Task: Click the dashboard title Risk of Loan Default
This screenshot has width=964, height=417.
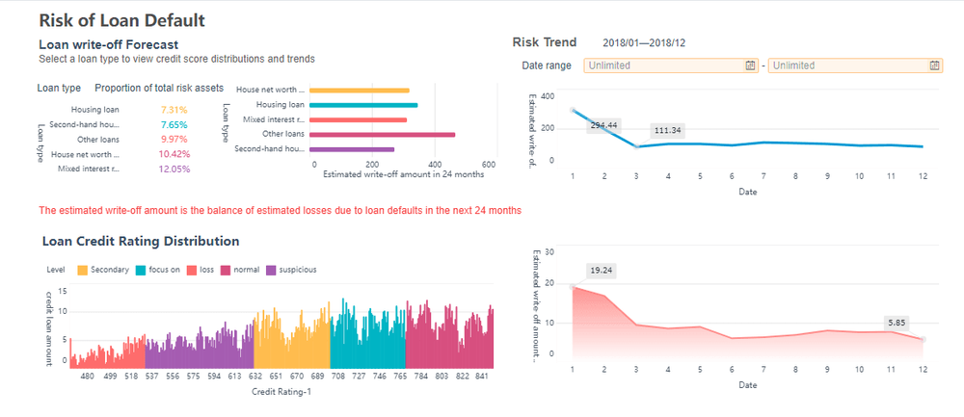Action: [x=120, y=19]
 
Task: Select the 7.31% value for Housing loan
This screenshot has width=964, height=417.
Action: [x=174, y=111]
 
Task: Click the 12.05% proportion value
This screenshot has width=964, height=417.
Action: [x=174, y=169]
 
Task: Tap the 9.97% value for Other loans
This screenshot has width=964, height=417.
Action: [x=174, y=140]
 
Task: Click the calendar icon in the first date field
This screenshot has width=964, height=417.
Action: [x=750, y=65]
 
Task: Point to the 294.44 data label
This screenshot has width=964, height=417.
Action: [x=603, y=125]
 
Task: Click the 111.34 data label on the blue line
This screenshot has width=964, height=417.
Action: [x=667, y=130]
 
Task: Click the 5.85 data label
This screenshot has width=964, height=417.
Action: [x=897, y=325]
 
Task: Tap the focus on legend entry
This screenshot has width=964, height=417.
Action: [x=160, y=270]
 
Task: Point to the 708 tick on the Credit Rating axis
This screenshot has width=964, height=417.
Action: [x=338, y=378]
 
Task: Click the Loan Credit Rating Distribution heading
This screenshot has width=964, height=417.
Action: [x=141, y=241]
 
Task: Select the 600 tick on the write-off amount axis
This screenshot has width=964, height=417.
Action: [x=489, y=164]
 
